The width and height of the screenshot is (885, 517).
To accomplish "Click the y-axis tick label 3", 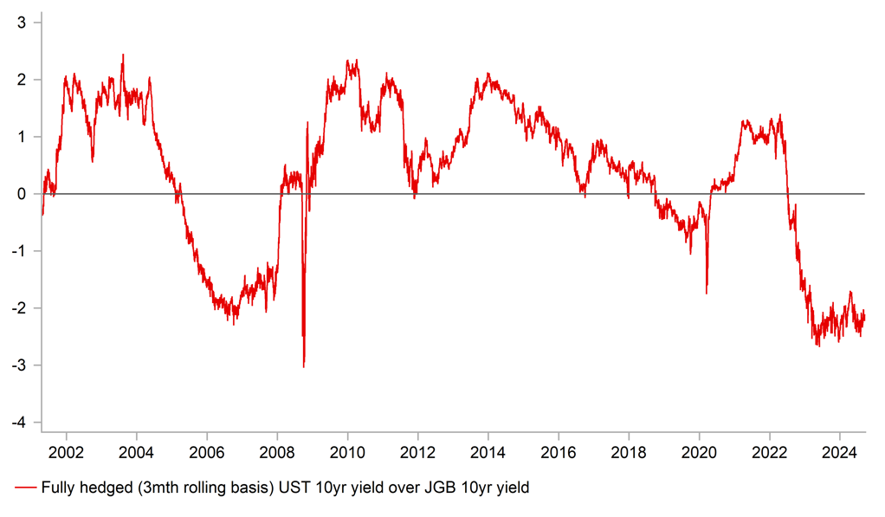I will pyautogui.click(x=23, y=23).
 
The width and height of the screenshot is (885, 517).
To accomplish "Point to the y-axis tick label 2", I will pyautogui.click(x=23, y=80).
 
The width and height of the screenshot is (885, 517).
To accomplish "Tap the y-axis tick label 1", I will pyautogui.click(x=23, y=137).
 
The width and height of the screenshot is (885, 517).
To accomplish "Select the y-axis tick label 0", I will pyautogui.click(x=23, y=194).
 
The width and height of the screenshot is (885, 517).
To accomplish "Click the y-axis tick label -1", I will pyautogui.click(x=21, y=251).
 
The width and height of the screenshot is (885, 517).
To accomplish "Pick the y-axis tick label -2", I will pyautogui.click(x=21, y=308).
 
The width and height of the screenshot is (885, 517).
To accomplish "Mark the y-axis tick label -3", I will pyautogui.click(x=21, y=365).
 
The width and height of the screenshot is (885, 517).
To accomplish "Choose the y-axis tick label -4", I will pyautogui.click(x=21, y=422).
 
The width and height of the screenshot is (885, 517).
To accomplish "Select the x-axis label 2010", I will pyautogui.click(x=347, y=452).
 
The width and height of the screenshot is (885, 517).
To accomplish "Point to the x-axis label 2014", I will pyautogui.click(x=488, y=452).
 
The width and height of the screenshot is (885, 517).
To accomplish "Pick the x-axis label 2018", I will pyautogui.click(x=629, y=452).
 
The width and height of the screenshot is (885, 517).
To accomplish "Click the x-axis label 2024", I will pyautogui.click(x=840, y=452).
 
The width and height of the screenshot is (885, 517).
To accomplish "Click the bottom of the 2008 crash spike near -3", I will pyautogui.click(x=304, y=366).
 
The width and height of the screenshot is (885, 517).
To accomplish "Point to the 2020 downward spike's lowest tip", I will pyautogui.click(x=707, y=294).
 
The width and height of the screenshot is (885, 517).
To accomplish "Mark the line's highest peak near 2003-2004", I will pyautogui.click(x=122, y=55).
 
